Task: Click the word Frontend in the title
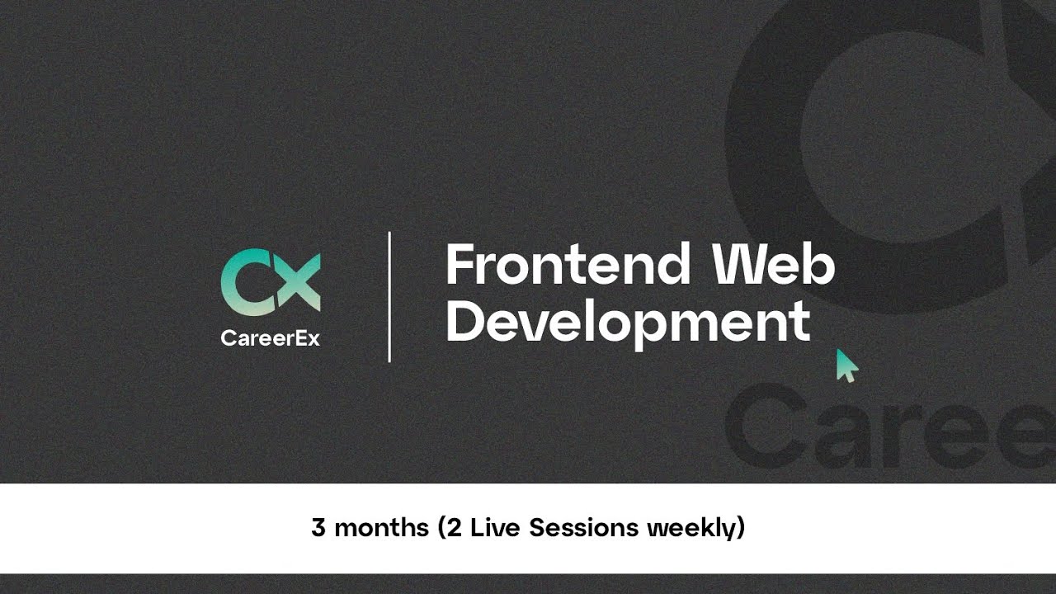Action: (568, 265)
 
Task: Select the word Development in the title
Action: (627, 322)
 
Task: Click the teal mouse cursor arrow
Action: (846, 365)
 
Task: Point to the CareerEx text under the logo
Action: (270, 338)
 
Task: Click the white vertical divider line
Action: (389, 297)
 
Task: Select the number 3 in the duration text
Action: (318, 528)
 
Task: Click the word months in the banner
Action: (382, 528)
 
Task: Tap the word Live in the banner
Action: (495, 528)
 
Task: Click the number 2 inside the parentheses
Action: (455, 528)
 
